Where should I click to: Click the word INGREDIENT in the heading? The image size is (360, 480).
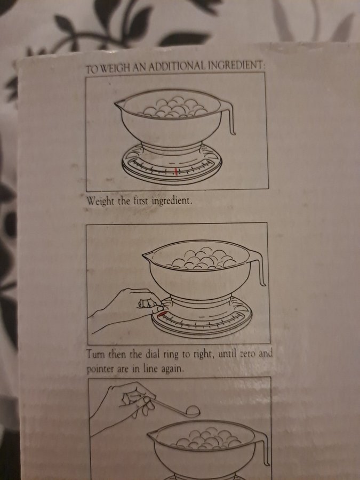click(235, 65)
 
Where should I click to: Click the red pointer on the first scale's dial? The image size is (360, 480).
click(175, 172)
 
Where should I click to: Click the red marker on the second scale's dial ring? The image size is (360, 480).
click(161, 314)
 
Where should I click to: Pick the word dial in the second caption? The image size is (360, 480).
click(155, 354)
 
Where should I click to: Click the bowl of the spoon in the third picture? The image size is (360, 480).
click(193, 411)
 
